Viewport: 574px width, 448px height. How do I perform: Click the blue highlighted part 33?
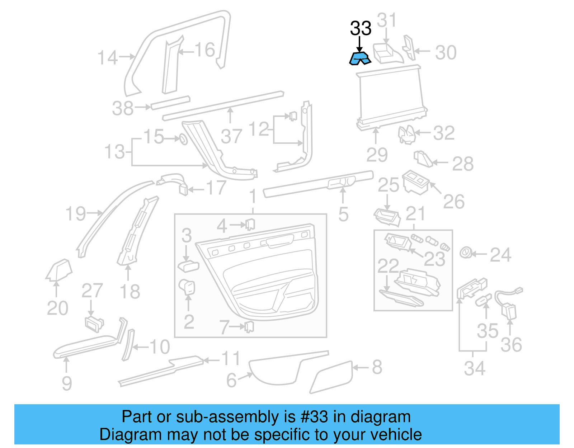click(x=360, y=58)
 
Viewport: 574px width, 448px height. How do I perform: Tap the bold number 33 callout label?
click(x=361, y=29)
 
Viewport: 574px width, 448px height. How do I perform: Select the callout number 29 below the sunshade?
click(x=377, y=155)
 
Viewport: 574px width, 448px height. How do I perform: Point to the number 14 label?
click(x=107, y=58)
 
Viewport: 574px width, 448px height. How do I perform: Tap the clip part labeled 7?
click(x=249, y=327)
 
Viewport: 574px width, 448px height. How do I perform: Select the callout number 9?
click(x=67, y=383)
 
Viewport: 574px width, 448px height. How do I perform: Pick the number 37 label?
click(x=231, y=136)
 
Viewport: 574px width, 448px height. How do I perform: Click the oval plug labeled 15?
click(x=183, y=139)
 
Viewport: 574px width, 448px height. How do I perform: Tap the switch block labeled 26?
click(x=415, y=182)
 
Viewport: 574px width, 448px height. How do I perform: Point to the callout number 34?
click(x=474, y=368)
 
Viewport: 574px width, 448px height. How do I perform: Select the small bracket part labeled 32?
click(x=406, y=135)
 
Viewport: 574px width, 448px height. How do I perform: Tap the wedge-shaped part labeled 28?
click(x=424, y=159)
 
